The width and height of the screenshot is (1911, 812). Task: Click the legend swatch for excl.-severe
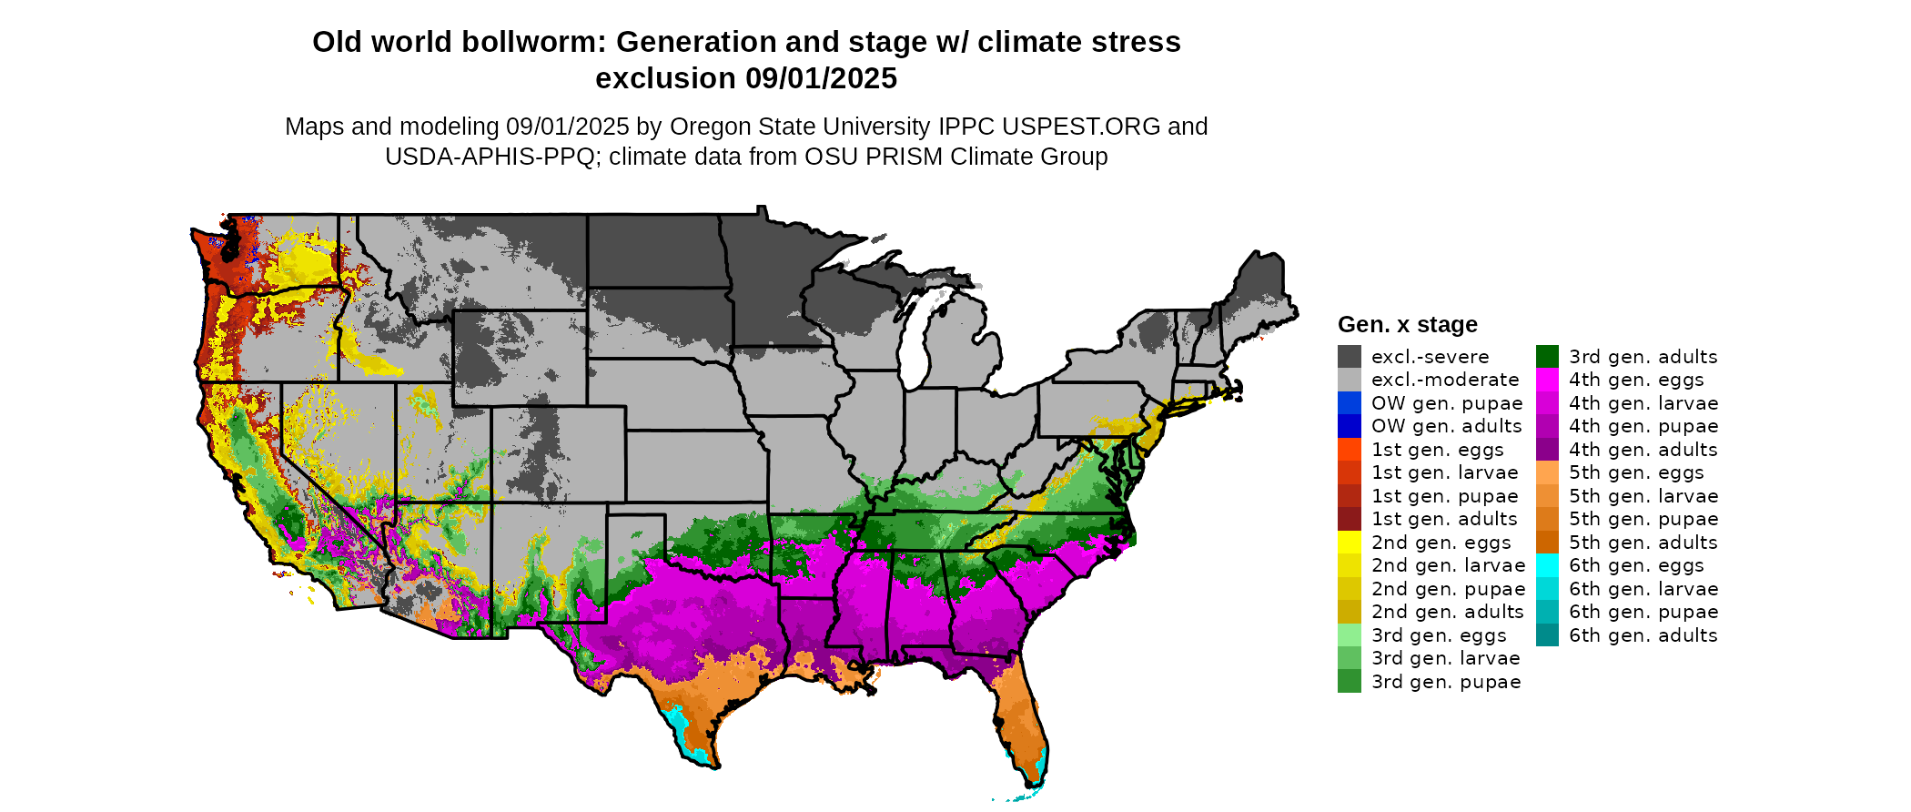[x=1349, y=357]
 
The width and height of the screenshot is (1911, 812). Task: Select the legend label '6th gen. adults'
[x=1643, y=635]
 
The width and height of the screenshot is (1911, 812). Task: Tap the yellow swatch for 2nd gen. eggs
[x=1349, y=543]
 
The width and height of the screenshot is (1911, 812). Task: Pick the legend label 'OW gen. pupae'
[x=1446, y=403]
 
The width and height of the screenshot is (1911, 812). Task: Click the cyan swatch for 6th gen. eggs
[x=1547, y=565]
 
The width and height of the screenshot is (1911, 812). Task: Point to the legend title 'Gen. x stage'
[x=1407, y=324]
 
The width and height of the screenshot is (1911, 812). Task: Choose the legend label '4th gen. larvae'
[x=1643, y=403]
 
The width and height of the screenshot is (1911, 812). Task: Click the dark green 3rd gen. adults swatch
[x=1547, y=357]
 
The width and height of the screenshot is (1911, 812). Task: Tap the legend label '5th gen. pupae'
[x=1643, y=519]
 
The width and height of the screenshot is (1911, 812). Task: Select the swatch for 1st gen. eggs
[x=1349, y=450]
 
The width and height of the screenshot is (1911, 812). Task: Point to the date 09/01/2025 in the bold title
[x=821, y=78]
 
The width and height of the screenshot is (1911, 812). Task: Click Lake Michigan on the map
[x=921, y=337]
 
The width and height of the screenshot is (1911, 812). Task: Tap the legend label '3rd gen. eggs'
[x=1438, y=635]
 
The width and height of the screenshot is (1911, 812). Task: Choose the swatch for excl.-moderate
[x=1349, y=380]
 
